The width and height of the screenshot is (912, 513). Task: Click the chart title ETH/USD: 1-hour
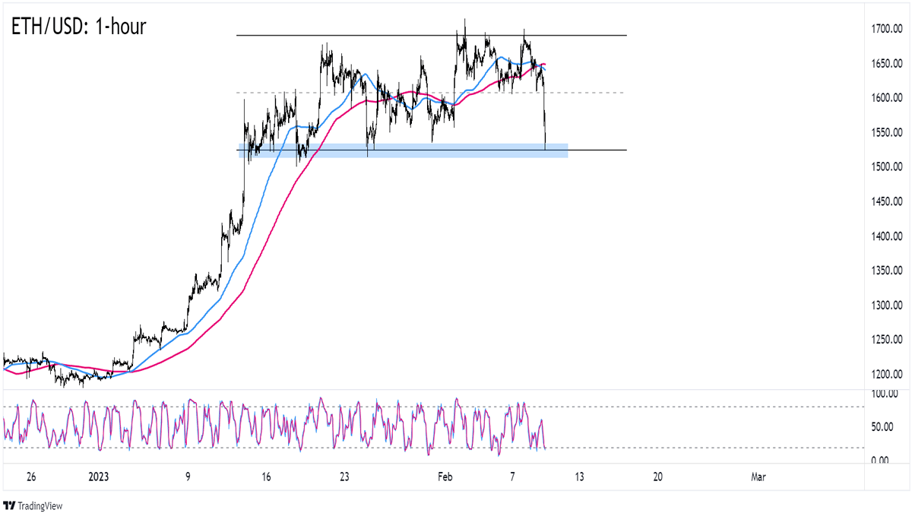tap(78, 27)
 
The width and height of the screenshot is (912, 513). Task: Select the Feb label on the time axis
tap(445, 477)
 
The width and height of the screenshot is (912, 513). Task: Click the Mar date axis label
tap(758, 477)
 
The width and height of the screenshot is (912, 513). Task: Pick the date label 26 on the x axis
tap(31, 477)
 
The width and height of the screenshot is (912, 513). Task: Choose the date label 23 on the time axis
tap(344, 477)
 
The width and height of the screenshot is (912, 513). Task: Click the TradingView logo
tap(34, 505)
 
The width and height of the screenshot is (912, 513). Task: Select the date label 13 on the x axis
tap(579, 477)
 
